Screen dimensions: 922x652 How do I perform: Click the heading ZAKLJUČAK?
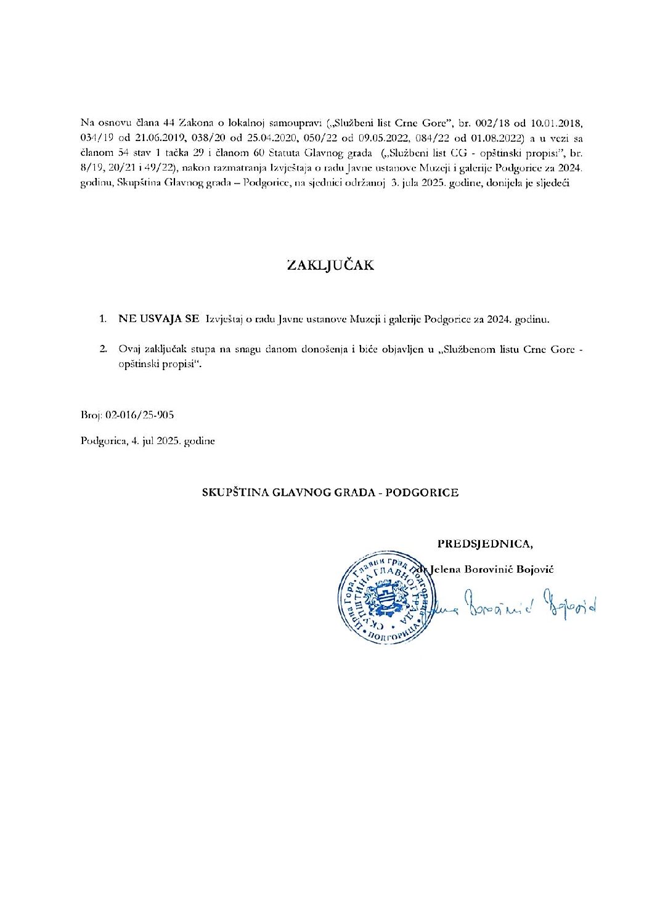click(330, 265)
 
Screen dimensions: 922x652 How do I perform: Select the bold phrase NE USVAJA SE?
click(159, 320)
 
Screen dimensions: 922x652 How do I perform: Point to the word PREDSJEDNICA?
click(485, 543)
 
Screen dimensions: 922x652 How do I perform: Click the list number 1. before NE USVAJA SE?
click(104, 320)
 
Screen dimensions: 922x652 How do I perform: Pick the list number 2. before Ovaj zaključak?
click(104, 349)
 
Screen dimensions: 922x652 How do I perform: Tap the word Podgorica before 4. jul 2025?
click(100, 441)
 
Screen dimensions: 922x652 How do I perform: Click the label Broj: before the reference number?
click(91, 415)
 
